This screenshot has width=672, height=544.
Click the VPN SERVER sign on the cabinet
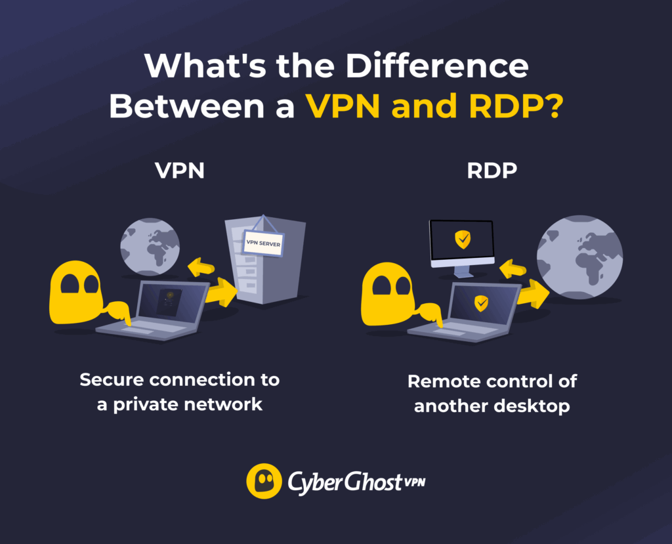click(x=262, y=242)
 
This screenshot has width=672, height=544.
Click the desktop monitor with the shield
click(x=461, y=243)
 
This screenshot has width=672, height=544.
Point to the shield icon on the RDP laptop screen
click(x=482, y=303)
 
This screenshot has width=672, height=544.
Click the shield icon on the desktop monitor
click(x=463, y=240)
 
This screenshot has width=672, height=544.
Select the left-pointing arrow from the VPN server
click(x=200, y=267)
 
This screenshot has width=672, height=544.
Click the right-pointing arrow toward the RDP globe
click(x=533, y=294)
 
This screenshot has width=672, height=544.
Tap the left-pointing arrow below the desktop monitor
click(x=513, y=268)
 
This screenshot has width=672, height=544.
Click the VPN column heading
click(x=180, y=171)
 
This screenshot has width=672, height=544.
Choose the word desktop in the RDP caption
click(x=530, y=406)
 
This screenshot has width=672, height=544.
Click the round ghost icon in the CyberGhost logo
click(x=264, y=482)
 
